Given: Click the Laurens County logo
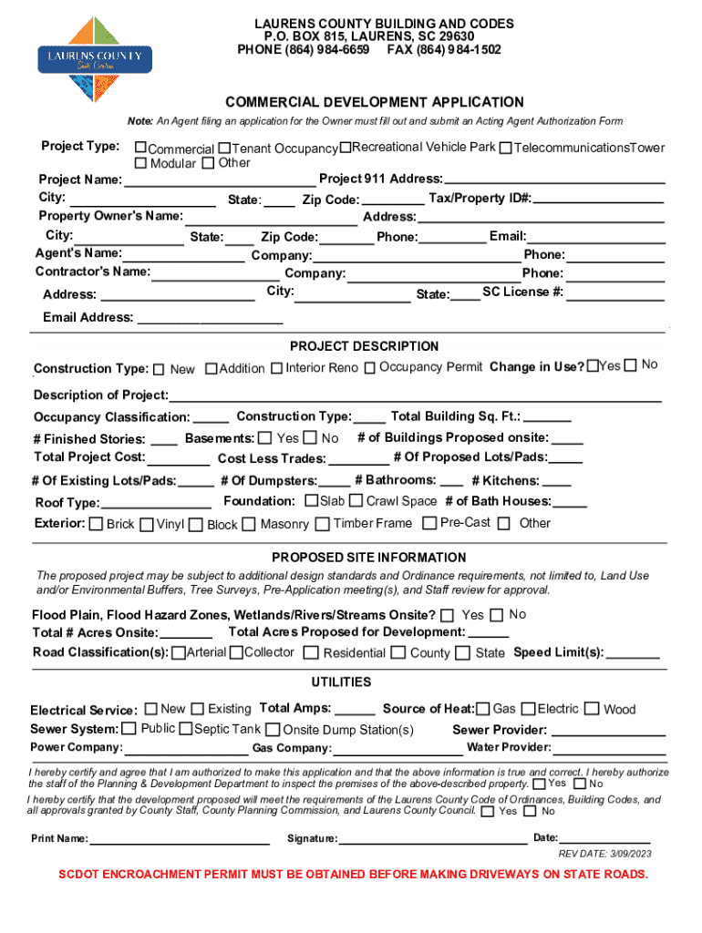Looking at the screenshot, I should coord(94,60).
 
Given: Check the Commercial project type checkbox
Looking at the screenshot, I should coord(140,148).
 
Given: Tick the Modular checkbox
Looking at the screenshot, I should coord(140,163).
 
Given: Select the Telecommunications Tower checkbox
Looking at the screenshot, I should coord(505,148).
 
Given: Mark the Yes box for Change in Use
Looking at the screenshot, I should coord(593,365).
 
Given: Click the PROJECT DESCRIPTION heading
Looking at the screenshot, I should coord(364,346).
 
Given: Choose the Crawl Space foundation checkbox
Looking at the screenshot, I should coord(356,501).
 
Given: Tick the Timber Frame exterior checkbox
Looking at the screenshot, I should coord(324,524).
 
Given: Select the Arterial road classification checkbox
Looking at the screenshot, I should coord(179,652).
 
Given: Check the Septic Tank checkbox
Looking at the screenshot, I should coord(186,729).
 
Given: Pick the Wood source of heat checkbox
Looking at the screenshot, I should coord(592,709).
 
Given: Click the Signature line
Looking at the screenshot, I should coord(433,839).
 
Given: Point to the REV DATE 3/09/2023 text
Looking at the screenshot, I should coord(604,854).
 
